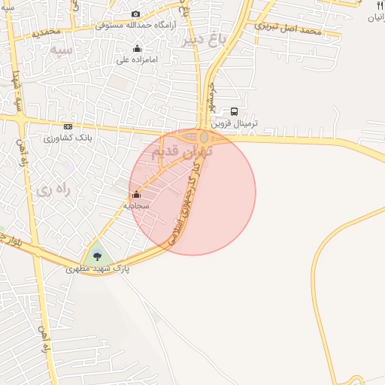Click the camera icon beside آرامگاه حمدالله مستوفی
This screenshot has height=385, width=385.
135,14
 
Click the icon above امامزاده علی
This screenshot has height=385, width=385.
137,50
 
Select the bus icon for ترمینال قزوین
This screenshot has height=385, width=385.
234,111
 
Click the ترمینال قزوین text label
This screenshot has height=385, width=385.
234,123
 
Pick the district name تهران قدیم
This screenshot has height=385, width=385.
182,151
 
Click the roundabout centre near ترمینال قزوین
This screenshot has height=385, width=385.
205,138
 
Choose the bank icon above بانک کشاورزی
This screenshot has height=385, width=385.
68,126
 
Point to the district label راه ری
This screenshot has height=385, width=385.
53,190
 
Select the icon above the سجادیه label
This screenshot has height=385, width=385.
136,195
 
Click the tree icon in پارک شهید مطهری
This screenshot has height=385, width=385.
97,256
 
